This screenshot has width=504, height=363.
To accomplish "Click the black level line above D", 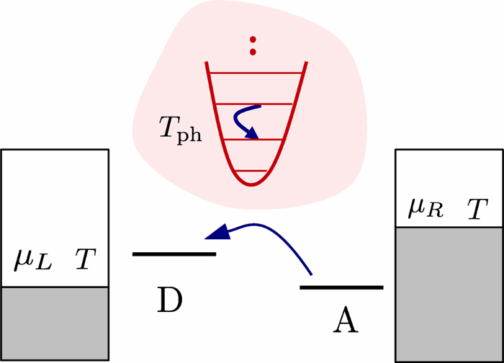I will (174, 254).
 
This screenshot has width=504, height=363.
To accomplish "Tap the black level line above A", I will (341, 287).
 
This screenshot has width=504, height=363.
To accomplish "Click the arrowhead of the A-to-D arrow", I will (217, 233).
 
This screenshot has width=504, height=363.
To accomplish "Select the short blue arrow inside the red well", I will (248, 120).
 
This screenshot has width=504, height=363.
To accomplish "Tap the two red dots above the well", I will (253, 45).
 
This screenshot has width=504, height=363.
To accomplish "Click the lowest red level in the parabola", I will (252, 171).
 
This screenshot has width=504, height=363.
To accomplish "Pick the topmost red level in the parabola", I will (256, 73).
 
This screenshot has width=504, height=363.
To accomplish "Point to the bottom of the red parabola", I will (252, 184).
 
